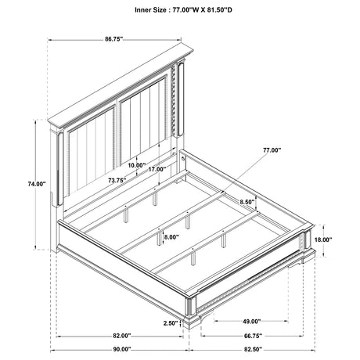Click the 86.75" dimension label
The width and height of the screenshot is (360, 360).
point(113,39)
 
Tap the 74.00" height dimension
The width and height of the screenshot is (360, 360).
point(37,184)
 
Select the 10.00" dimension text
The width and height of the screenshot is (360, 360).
point(137,165)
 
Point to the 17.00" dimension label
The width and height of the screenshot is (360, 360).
point(157,169)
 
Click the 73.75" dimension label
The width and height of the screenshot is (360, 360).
point(117,180)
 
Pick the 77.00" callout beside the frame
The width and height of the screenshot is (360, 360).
point(272,150)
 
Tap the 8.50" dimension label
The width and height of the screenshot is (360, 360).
point(247,202)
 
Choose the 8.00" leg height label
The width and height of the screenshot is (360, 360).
point(171,237)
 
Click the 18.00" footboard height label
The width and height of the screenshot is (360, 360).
point(323,239)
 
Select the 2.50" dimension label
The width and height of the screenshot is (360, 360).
point(171,323)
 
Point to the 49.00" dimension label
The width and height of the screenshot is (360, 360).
point(252,322)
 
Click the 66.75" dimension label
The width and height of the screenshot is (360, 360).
point(253,336)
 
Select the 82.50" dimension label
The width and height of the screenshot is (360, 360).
point(253,349)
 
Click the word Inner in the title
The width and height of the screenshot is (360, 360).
point(143,10)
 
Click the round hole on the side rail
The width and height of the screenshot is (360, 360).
point(184,158)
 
